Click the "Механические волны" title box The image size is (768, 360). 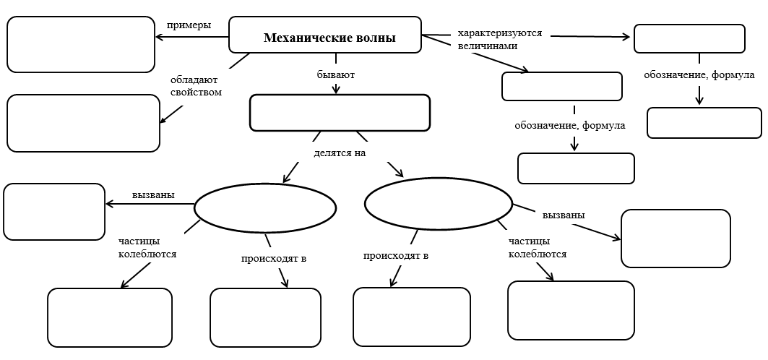pyautogui.click(x=325, y=35)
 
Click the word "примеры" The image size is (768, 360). pyautogui.click(x=189, y=25)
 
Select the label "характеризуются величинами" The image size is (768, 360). pyautogui.click(x=499, y=39)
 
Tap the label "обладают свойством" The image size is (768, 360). pyautogui.click(x=196, y=86)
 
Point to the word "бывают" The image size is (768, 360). pyautogui.click(x=336, y=74)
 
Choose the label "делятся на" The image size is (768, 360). pyautogui.click(x=340, y=153)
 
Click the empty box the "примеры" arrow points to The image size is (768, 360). pyautogui.click(x=81, y=44)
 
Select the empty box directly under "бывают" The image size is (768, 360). pyautogui.click(x=340, y=113)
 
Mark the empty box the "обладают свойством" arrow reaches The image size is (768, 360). pyautogui.click(x=83, y=123)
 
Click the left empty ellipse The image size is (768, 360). pyautogui.click(x=265, y=208)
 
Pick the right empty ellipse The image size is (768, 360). pyautogui.click(x=439, y=204)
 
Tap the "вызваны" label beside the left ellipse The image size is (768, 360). pyautogui.click(x=152, y=195)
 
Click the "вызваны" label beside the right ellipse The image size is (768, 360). pyautogui.click(x=563, y=215)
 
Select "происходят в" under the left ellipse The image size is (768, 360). pyautogui.click(x=269, y=257)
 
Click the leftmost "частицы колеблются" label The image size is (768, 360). pyautogui.click(x=147, y=247)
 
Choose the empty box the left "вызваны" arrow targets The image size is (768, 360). pyautogui.click(x=54, y=211)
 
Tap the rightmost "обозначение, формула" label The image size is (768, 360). pyautogui.click(x=699, y=75)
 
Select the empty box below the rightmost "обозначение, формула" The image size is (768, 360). pyautogui.click(x=704, y=123)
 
